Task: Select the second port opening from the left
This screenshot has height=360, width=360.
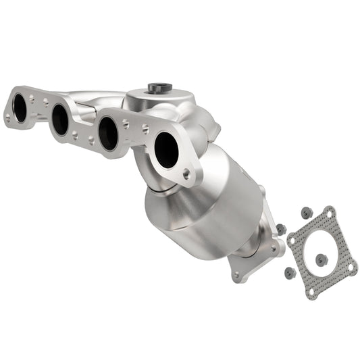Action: pyautogui.click(x=61, y=120)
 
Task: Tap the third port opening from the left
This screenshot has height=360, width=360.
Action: pyautogui.click(x=107, y=133)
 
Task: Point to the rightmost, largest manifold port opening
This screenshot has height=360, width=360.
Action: pyautogui.click(x=166, y=149)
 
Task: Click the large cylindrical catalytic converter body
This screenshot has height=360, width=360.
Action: pyautogui.click(x=203, y=206)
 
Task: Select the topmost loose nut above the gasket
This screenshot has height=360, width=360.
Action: pyautogui.click(x=306, y=212)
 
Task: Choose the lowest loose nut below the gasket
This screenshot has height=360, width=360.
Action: pyautogui.click(x=289, y=273)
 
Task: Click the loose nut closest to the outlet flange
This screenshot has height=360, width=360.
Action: pyautogui.click(x=281, y=229)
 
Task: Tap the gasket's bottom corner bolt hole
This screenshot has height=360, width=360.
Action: pyautogui.click(x=311, y=292)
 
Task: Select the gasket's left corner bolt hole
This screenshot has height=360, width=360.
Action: pyautogui.click(x=292, y=240)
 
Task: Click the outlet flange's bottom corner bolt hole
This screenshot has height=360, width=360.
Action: pyautogui.click(x=236, y=276)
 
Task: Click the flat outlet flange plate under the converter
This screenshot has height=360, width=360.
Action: pyautogui.click(x=253, y=260)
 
